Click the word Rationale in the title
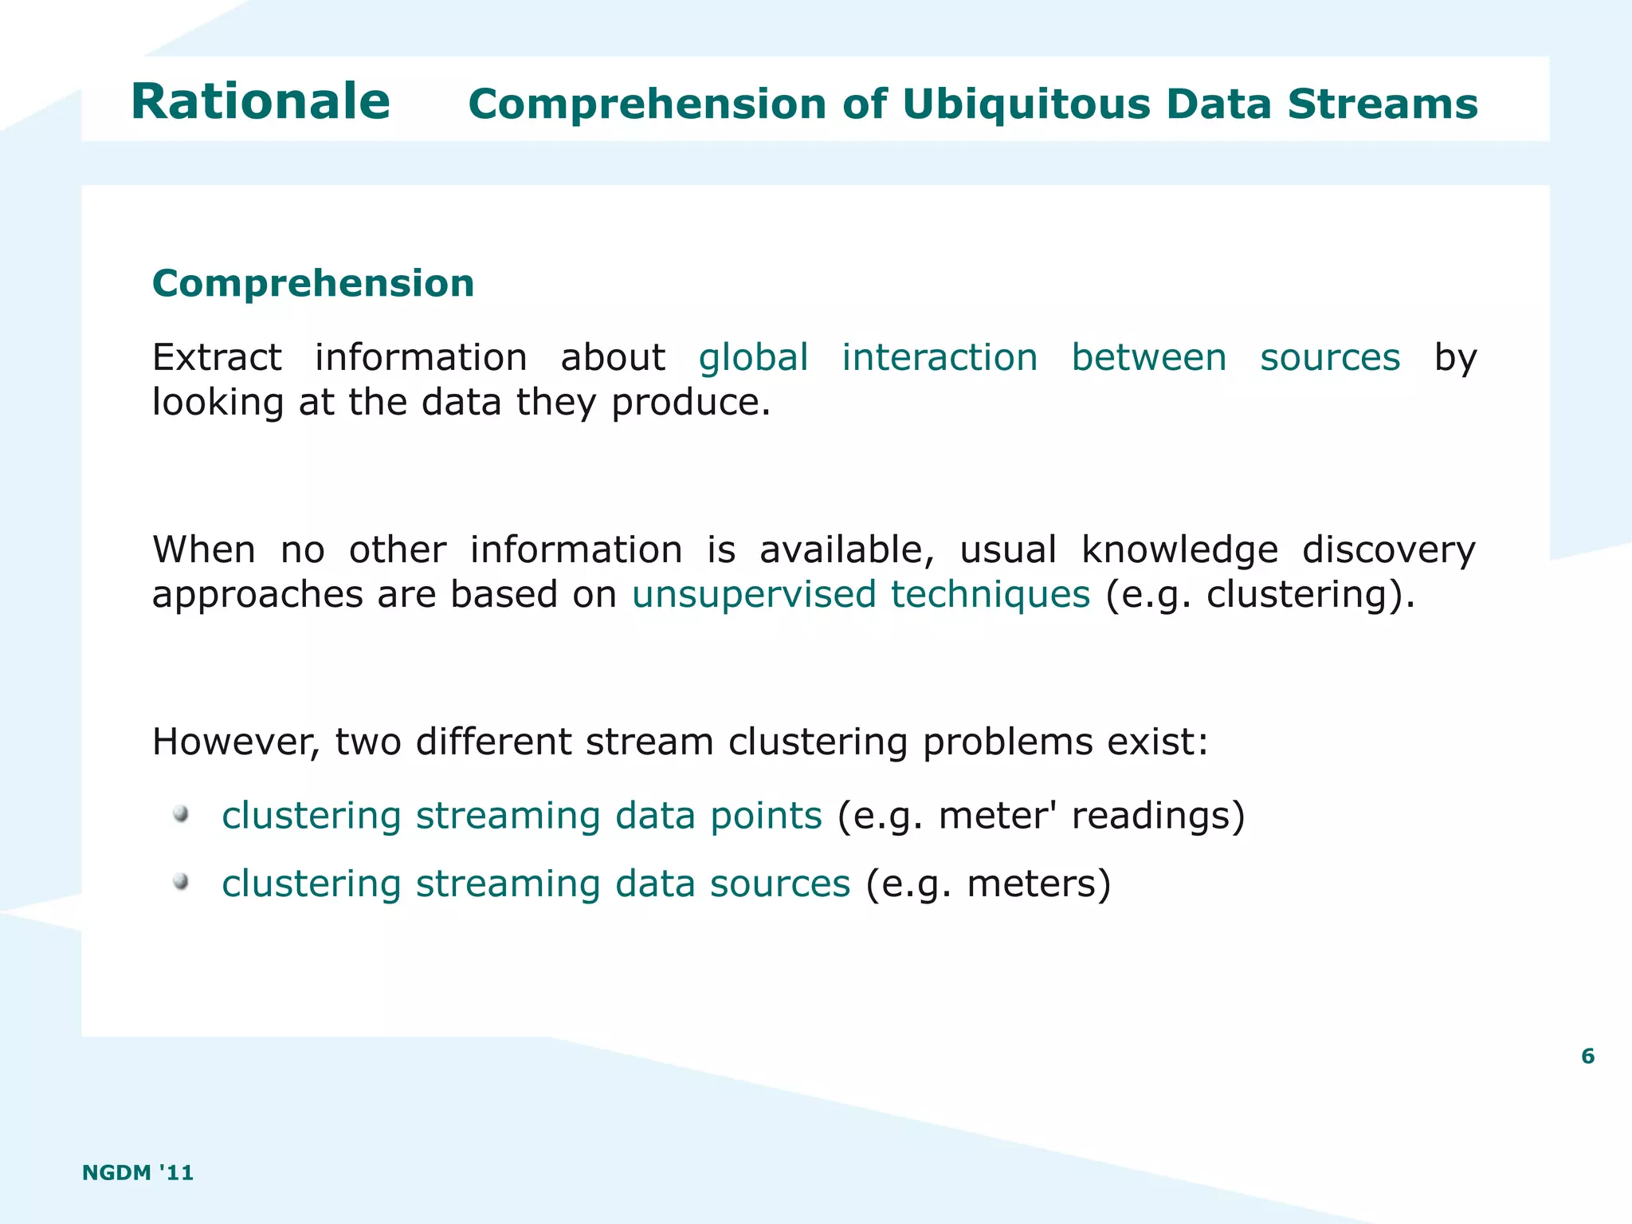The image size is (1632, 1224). [x=260, y=102]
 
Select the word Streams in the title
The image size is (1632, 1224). [x=1383, y=104]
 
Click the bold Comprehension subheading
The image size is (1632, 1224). [x=313, y=284]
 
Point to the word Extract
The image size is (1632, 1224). [x=217, y=357]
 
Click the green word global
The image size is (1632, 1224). [x=753, y=357]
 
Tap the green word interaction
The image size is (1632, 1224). [x=940, y=357]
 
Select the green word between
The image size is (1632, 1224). [x=1148, y=357]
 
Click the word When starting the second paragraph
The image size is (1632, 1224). [x=204, y=550]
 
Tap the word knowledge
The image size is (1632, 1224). [x=1179, y=550]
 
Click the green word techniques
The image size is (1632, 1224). [x=990, y=595]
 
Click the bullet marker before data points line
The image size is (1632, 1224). [x=182, y=813]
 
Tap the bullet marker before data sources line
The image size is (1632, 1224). [x=182, y=881]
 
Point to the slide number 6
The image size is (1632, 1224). [x=1587, y=1057]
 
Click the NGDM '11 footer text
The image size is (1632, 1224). [x=138, y=1172]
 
